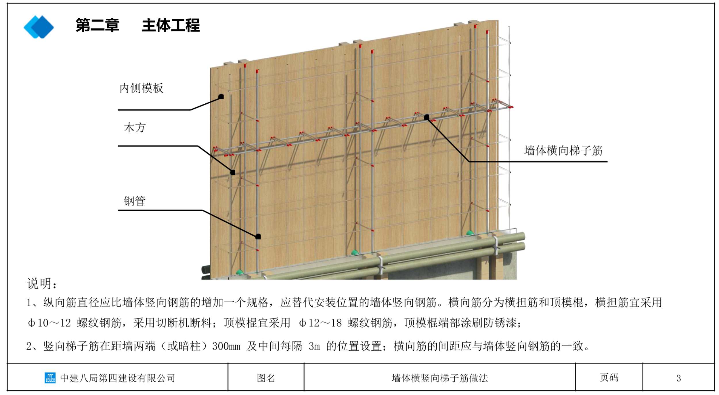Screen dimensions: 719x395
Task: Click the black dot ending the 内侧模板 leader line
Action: (x=221, y=97)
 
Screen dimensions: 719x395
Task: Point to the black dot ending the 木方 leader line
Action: (x=233, y=172)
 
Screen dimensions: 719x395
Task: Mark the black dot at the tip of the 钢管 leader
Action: (x=258, y=237)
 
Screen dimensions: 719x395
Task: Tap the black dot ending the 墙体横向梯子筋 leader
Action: (x=427, y=117)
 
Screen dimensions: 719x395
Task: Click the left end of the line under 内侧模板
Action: (x=118, y=110)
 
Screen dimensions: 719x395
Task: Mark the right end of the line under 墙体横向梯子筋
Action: (x=607, y=162)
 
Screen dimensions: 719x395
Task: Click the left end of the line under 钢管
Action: (x=118, y=210)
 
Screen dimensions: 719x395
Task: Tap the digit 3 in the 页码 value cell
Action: (x=678, y=378)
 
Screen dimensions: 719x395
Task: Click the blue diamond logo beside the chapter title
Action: (x=39, y=27)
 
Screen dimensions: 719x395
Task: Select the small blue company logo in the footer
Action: (x=50, y=378)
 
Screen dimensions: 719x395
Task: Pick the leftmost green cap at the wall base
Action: (x=240, y=272)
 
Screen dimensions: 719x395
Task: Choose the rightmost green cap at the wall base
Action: (x=470, y=233)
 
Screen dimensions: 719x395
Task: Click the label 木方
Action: (x=135, y=128)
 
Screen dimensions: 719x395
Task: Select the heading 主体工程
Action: (x=171, y=25)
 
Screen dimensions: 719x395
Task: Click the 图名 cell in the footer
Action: (x=266, y=378)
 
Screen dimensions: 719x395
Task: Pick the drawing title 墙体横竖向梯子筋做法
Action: (x=440, y=378)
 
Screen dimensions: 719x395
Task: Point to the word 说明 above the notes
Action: (x=39, y=284)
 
